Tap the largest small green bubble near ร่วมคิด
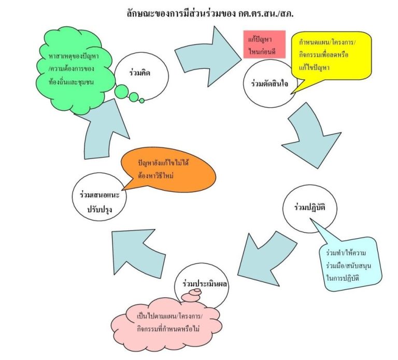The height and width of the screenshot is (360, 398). (121, 92)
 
